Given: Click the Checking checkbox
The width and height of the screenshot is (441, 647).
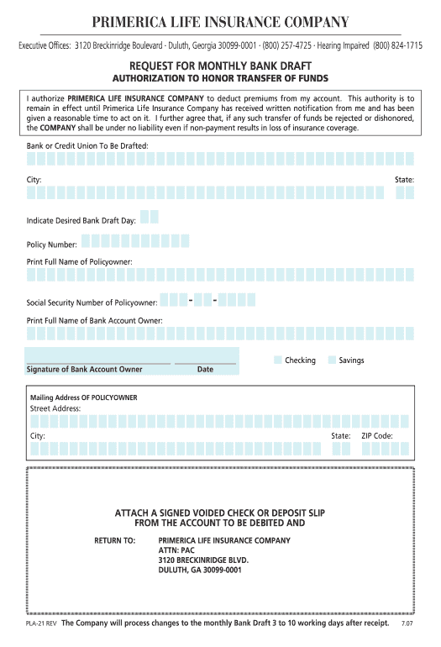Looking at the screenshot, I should click(x=278, y=360).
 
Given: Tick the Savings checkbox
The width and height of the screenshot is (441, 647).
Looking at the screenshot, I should click(x=332, y=360).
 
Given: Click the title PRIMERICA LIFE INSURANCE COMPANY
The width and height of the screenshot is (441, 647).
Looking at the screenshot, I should click(x=220, y=22).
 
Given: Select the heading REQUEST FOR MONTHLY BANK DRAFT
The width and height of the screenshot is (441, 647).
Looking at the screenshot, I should click(x=220, y=66).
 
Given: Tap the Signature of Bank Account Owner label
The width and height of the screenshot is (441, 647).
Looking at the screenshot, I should click(x=84, y=369).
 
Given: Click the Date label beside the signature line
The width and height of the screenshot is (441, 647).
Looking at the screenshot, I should click(x=205, y=369).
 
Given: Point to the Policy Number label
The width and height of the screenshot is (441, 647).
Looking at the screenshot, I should click(x=52, y=245).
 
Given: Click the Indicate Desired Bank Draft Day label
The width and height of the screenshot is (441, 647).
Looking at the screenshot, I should click(x=81, y=220).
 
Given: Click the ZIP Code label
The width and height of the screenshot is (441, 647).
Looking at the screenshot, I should click(x=376, y=436).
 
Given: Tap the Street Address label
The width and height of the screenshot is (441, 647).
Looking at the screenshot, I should click(x=55, y=408).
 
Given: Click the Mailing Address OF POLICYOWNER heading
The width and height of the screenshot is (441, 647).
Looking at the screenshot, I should click(x=84, y=397).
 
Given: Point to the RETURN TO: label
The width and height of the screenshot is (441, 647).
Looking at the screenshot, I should click(x=114, y=540).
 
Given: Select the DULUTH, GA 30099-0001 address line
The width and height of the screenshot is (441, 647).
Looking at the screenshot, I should click(x=200, y=570).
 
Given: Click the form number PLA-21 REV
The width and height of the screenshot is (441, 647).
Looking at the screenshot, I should click(x=41, y=624).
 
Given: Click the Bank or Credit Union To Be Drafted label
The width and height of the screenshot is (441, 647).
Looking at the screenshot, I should click(x=87, y=145).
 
